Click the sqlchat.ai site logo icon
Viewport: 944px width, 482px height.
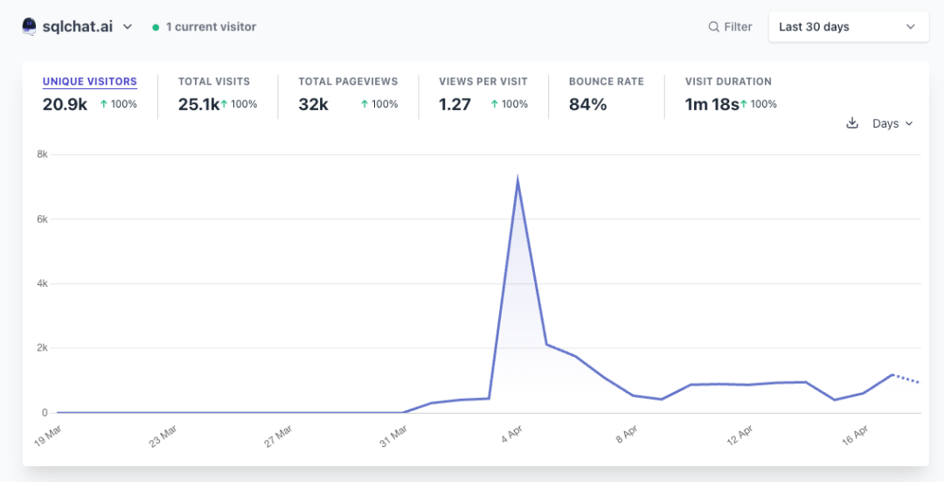point(29,26)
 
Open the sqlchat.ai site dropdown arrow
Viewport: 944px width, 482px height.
point(128,27)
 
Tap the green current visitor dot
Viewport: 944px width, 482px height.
point(156,27)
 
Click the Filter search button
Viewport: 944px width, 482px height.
point(730,27)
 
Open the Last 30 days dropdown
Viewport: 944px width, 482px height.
point(848,27)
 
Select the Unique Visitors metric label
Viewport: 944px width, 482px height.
point(90,81)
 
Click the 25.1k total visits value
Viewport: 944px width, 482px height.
point(198,105)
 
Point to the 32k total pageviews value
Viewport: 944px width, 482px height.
point(313,105)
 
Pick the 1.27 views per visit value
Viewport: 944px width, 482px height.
point(455,105)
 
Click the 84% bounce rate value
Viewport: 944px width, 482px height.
point(587,105)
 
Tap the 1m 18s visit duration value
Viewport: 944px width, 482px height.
point(711,105)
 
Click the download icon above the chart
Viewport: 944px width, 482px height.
point(852,123)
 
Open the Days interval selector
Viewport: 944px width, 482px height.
point(892,123)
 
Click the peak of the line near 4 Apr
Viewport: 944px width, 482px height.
point(518,180)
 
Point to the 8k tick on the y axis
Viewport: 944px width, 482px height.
point(41,155)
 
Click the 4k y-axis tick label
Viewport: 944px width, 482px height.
point(41,284)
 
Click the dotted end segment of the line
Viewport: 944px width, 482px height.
point(906,379)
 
